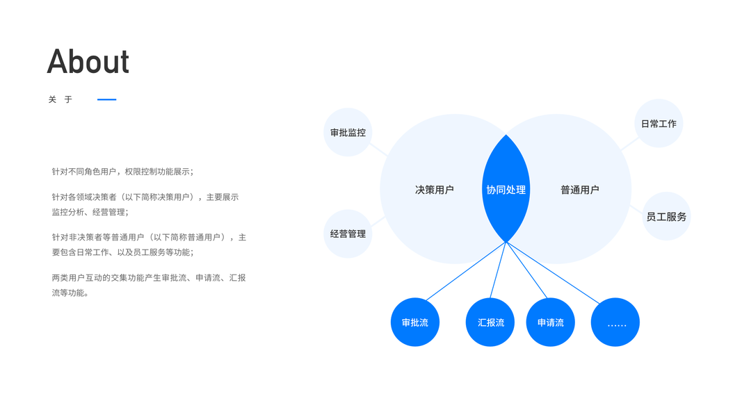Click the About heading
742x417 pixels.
(88, 62)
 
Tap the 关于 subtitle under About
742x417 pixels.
(61, 99)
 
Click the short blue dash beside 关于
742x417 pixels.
(106, 99)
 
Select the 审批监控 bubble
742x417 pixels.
(348, 132)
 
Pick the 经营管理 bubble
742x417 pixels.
(348, 234)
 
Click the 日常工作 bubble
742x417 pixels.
(658, 124)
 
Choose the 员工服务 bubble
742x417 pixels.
(666, 216)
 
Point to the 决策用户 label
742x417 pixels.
(434, 190)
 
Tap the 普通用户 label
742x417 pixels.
(579, 190)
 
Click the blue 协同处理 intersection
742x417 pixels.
(506, 190)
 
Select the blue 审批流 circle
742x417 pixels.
(415, 322)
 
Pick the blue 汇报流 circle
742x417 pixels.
(490, 322)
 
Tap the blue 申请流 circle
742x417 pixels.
(550, 322)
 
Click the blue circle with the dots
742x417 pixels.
(615, 322)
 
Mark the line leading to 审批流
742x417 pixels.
(466, 271)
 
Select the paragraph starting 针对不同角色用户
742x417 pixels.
(122, 171)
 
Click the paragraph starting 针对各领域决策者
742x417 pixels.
(145, 204)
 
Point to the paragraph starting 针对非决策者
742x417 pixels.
(149, 245)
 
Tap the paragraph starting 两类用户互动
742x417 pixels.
(149, 285)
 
